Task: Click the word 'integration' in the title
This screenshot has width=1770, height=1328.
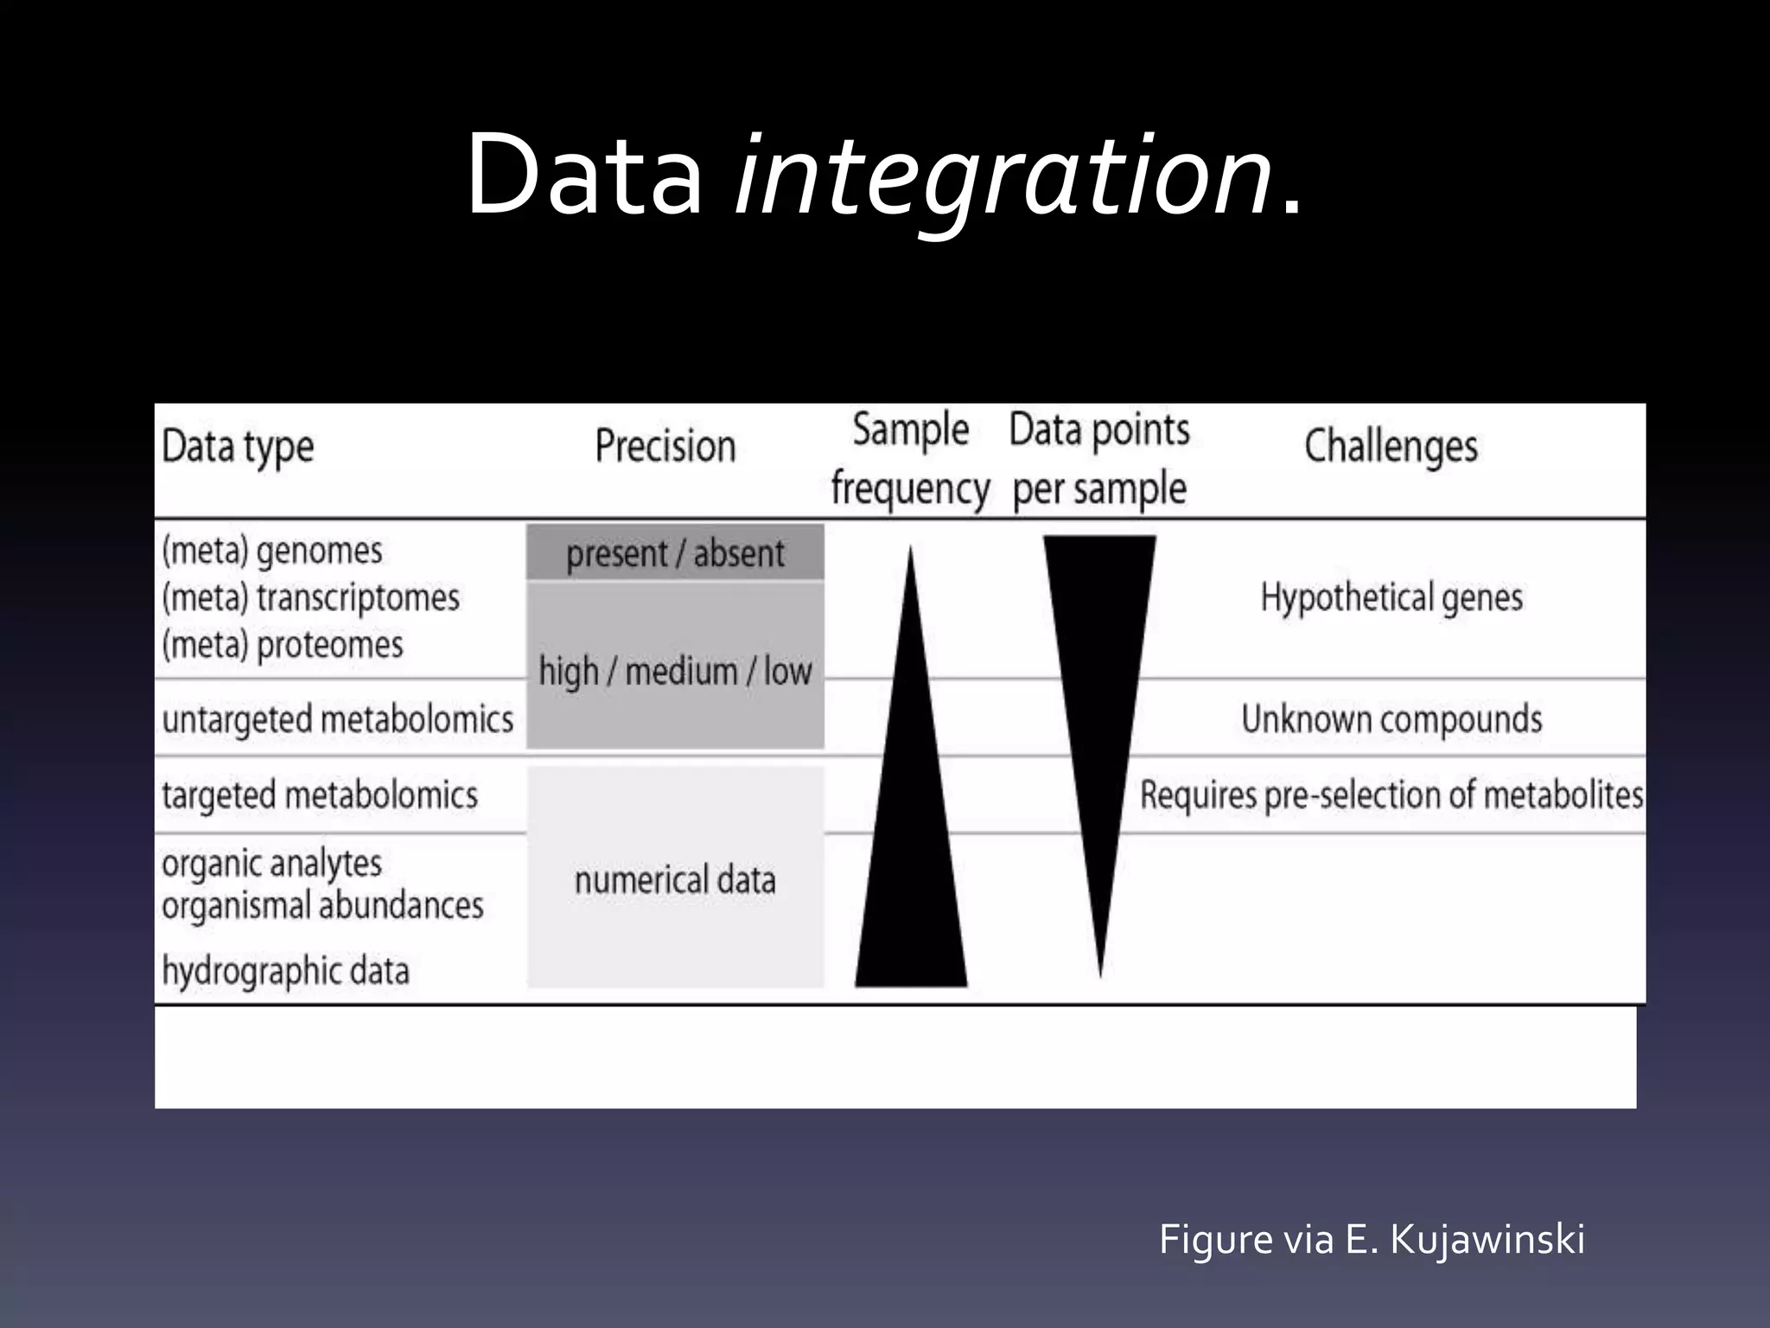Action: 1003,177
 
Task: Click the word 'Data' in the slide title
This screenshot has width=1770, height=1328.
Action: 584,177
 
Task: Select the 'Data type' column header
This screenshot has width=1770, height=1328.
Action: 238,448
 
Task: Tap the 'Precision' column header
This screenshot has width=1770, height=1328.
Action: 665,447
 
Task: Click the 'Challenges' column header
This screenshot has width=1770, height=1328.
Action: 1391,447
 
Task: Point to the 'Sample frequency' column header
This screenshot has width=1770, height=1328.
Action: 910,460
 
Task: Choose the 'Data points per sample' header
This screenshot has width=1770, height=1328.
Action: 1099,460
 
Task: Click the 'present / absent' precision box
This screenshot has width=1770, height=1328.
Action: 675,553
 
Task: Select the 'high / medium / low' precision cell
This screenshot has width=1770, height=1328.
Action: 675,671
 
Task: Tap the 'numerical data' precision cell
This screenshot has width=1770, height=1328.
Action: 675,880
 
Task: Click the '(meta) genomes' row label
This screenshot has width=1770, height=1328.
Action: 272,551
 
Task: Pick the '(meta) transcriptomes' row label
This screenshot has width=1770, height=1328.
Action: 311,598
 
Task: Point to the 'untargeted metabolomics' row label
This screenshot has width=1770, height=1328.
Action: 337,719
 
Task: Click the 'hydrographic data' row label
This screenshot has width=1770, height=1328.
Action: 285,971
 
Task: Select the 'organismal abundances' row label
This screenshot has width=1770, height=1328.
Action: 322,906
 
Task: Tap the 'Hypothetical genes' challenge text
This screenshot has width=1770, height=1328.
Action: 1391,597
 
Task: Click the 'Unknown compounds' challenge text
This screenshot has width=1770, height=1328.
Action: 1391,719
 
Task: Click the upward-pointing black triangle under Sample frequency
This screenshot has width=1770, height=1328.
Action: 911,865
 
